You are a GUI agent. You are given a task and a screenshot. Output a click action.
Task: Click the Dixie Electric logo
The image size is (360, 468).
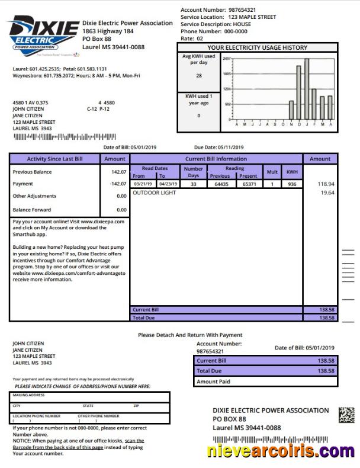click(x=43, y=36)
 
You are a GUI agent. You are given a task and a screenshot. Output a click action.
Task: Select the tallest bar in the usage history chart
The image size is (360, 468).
click(x=307, y=88)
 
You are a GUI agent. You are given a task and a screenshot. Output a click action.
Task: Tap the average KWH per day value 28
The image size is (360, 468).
click(x=198, y=76)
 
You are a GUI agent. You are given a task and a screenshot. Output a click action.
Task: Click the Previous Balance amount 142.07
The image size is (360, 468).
click(x=118, y=172)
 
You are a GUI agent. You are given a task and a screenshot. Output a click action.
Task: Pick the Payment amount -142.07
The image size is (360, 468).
click(x=117, y=184)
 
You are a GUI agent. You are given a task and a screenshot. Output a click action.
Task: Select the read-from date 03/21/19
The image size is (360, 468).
click(x=143, y=184)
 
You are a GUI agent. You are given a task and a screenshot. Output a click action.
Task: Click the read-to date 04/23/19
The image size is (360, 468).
click(x=168, y=184)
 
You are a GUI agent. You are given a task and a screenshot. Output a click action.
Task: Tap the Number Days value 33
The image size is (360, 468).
click(x=193, y=184)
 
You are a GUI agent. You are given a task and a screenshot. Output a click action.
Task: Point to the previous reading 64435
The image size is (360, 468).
click(x=220, y=184)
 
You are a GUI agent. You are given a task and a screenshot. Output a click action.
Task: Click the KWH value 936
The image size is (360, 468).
click(x=292, y=184)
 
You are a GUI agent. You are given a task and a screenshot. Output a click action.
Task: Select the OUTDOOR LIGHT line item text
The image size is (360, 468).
click(x=155, y=193)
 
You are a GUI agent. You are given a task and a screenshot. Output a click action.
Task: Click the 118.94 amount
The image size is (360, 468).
click(x=326, y=184)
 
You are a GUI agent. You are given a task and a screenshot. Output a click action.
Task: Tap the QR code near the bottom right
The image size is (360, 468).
click(x=346, y=415)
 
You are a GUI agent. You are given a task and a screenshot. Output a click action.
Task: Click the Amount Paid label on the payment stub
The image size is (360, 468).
click(x=213, y=382)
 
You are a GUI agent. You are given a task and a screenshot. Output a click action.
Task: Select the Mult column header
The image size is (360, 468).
click(x=272, y=172)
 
